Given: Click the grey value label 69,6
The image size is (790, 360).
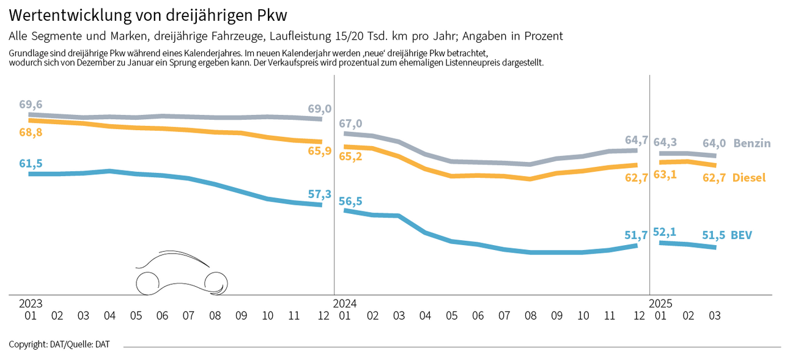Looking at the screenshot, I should point(31,104).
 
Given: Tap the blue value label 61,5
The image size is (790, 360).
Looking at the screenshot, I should point(31,163).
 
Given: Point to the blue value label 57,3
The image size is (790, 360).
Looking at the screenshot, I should point(319,194).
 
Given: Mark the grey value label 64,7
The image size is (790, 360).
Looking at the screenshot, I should point(637,140).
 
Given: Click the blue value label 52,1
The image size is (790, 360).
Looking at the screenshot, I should point(665,232).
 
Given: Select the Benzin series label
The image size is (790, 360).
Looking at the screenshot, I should point(752,144).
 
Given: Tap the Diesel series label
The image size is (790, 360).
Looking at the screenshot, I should point(749,178).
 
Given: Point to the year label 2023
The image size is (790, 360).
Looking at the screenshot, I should point(31,303).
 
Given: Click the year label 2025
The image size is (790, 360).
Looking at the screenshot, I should point(661,303).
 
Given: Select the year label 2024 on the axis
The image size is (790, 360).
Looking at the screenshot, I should point(345,303).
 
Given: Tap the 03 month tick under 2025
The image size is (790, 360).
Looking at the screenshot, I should point(714,316).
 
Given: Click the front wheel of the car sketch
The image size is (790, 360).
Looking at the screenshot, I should point(216,282).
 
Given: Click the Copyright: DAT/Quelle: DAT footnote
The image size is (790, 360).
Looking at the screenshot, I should point(59,345).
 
